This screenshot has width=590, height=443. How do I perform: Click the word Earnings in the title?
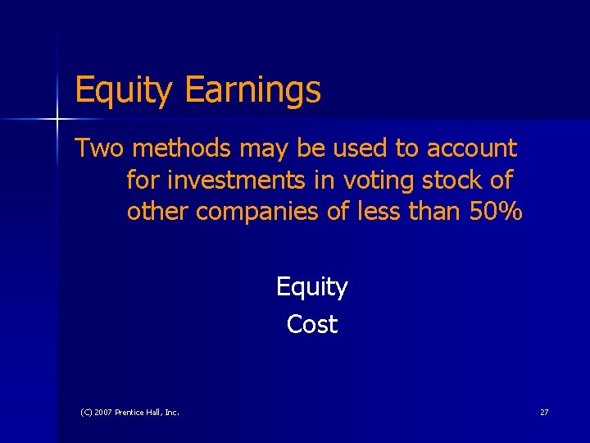pyautogui.click(x=253, y=90)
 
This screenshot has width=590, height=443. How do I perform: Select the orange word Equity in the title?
pyautogui.click(x=124, y=90)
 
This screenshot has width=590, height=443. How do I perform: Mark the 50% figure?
pyautogui.click(x=497, y=211)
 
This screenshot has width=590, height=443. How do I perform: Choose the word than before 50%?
pyautogui.click(x=434, y=211)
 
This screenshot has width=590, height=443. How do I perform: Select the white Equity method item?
pyautogui.click(x=311, y=287)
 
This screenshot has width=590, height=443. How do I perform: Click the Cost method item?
pyautogui.click(x=311, y=324)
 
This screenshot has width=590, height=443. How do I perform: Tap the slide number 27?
pyautogui.click(x=544, y=412)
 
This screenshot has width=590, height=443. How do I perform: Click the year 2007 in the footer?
pyautogui.click(x=102, y=412)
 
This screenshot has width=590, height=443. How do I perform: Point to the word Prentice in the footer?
pyautogui.click(x=132, y=412)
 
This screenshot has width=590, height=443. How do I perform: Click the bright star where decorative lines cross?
pyautogui.click(x=57, y=120)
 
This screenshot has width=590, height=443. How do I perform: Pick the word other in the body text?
pyautogui.click(x=158, y=211)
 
